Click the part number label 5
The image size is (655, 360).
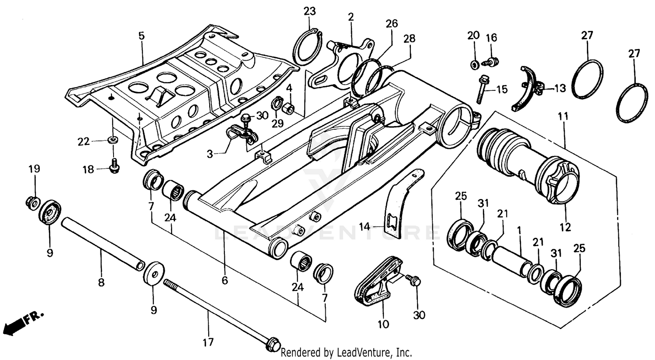point(141,36)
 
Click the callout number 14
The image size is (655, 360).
point(365,226)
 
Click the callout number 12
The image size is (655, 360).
point(565,227)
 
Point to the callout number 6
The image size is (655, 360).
point(224,280)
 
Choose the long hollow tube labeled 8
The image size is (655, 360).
point(103,243)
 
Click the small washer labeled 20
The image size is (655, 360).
point(473,65)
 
